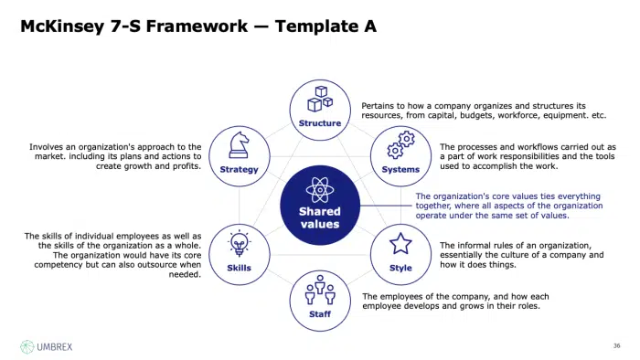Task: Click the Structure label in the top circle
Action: coord(320,123)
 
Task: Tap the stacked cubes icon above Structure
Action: coord(321,97)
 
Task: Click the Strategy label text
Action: coord(240,170)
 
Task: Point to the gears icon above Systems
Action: coord(401,144)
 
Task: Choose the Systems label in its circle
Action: coord(401,170)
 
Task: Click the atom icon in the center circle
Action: coord(319,188)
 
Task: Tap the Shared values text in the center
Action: coord(319,217)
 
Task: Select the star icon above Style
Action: coord(400,244)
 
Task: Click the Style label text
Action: coord(400,269)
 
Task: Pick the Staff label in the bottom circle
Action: coord(320,315)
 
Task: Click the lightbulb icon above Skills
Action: coord(239,244)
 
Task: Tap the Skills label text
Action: coord(239,269)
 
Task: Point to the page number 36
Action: coord(615,346)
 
